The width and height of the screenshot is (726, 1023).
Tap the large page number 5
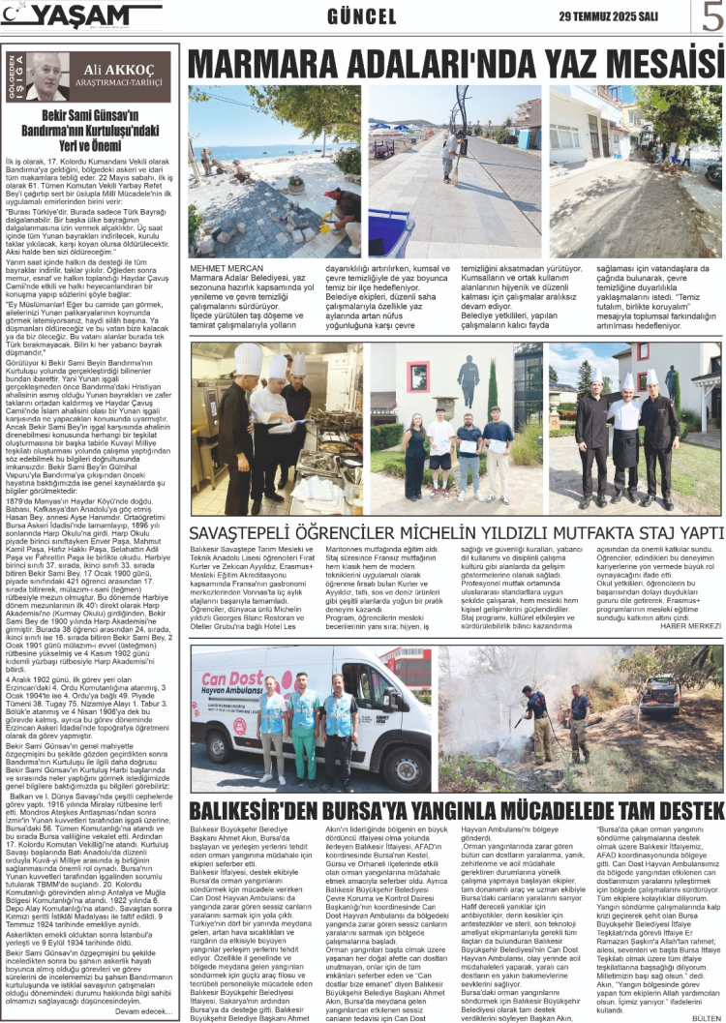[711, 17]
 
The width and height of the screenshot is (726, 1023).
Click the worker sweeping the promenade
[449, 155]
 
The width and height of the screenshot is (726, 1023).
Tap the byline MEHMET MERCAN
[227, 268]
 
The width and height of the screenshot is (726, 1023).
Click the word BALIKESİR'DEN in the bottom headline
[257, 810]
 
